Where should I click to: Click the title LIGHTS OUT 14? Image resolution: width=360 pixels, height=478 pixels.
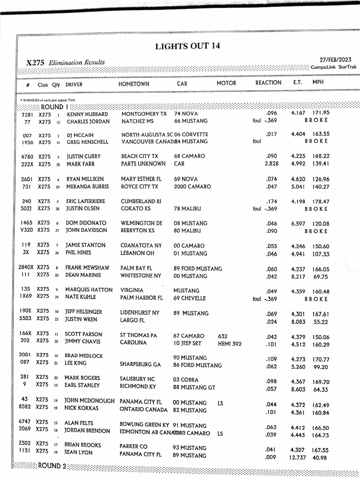click(187, 46)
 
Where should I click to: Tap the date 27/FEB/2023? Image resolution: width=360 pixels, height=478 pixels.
click(335, 60)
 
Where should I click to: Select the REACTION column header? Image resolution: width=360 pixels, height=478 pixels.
click(268, 83)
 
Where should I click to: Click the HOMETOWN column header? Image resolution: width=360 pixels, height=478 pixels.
click(134, 84)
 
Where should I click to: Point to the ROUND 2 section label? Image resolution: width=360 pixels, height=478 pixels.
click(52, 466)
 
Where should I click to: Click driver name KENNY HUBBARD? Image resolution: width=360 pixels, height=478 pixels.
click(87, 114)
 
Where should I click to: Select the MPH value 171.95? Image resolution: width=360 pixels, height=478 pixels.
click(321, 112)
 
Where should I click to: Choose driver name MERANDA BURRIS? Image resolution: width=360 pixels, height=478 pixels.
click(87, 186)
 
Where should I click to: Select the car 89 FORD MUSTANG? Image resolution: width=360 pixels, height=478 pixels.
click(198, 269)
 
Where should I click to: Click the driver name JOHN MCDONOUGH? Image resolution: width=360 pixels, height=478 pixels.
click(89, 401)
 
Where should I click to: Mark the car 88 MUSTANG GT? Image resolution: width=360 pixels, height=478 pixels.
click(194, 387)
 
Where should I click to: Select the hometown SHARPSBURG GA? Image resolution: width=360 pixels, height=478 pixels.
click(140, 364)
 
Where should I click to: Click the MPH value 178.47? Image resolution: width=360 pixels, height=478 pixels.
click(321, 202)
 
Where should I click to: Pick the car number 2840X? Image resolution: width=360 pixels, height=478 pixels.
click(26, 267)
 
